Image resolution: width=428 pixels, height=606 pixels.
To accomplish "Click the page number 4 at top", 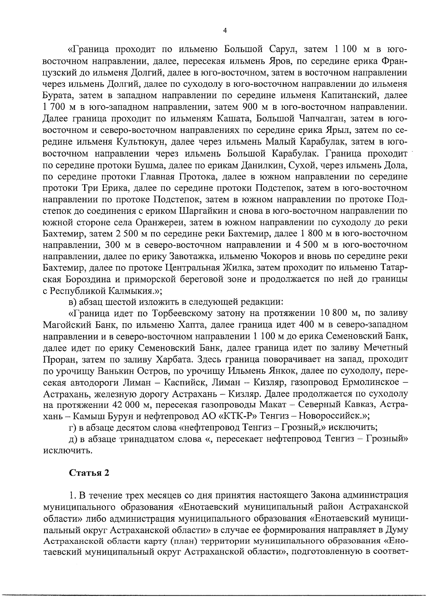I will (224, 31).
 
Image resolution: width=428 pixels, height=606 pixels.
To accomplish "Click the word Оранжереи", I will (160, 222).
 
